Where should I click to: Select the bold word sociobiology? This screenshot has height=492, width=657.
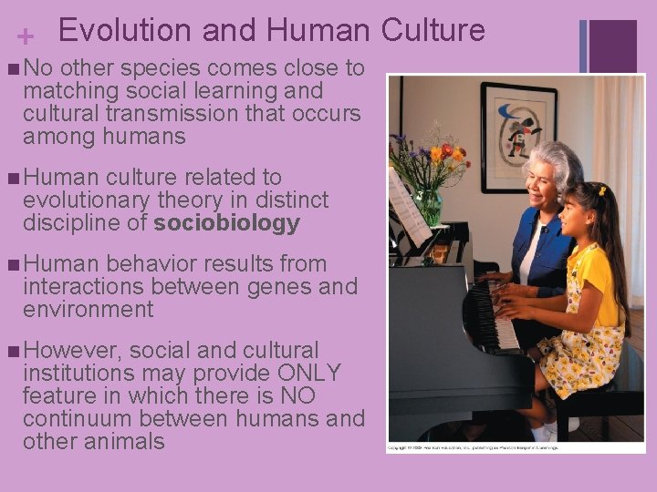[x=227, y=223]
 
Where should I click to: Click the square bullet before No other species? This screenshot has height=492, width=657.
[x=10, y=68]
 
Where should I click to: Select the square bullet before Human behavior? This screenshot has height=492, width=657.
[x=10, y=265]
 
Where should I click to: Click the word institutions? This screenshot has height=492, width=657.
[x=83, y=374]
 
